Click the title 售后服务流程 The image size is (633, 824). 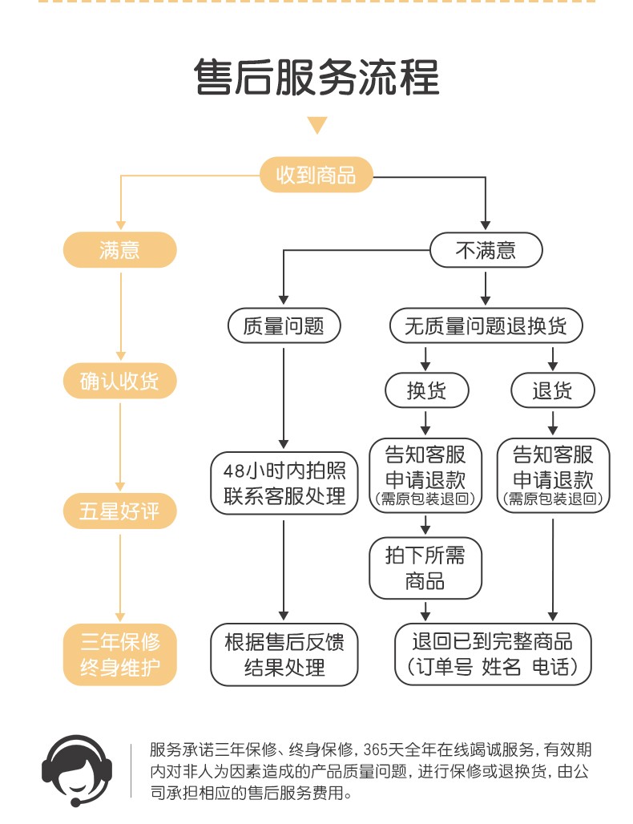pyautogui.click(x=316, y=78)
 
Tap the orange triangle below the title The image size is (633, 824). pyautogui.click(x=317, y=125)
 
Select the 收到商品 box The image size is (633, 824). pyautogui.click(x=316, y=175)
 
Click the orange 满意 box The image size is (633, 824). pyautogui.click(x=119, y=250)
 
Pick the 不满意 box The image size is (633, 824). pyautogui.click(x=486, y=250)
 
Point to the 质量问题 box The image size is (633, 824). pyautogui.click(x=284, y=325)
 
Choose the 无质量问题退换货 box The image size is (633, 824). pyautogui.click(x=486, y=325)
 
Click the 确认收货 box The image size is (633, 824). pyautogui.click(x=119, y=381)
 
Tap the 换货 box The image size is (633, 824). pyautogui.click(x=425, y=390)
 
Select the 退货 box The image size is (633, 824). pyautogui.click(x=553, y=390)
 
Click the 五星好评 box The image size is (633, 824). pyautogui.click(x=119, y=511)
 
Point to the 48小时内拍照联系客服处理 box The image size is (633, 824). pyautogui.click(x=284, y=483)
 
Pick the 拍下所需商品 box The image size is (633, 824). pyautogui.click(x=425, y=568)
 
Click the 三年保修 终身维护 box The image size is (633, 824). pyautogui.click(x=119, y=655)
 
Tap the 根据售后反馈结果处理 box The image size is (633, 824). pyautogui.click(x=284, y=655)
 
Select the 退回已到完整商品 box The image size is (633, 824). pyautogui.click(x=493, y=655)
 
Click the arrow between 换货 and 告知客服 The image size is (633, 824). pyautogui.click(x=425, y=422)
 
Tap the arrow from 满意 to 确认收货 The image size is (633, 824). pyautogui.click(x=119, y=313)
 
